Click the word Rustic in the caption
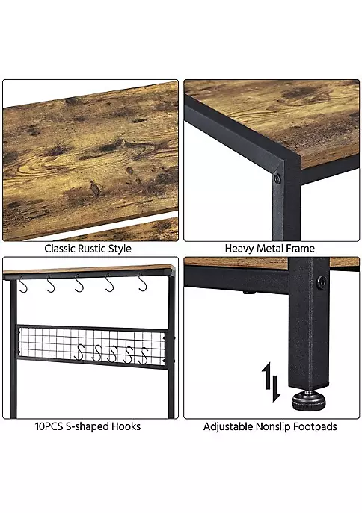point(91,249)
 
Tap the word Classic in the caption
point(59,249)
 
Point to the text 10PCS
point(49,426)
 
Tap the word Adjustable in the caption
point(228,427)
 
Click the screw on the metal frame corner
point(277,178)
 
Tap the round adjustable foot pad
point(307,401)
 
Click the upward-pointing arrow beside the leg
point(267,376)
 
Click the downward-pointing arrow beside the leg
point(276,389)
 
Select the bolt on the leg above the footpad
point(322,281)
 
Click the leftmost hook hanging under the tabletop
point(22,284)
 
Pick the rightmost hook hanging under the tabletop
point(141,283)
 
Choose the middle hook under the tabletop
point(79,283)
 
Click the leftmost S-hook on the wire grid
point(79,352)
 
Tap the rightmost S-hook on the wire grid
point(143,355)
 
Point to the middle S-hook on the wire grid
point(113,354)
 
